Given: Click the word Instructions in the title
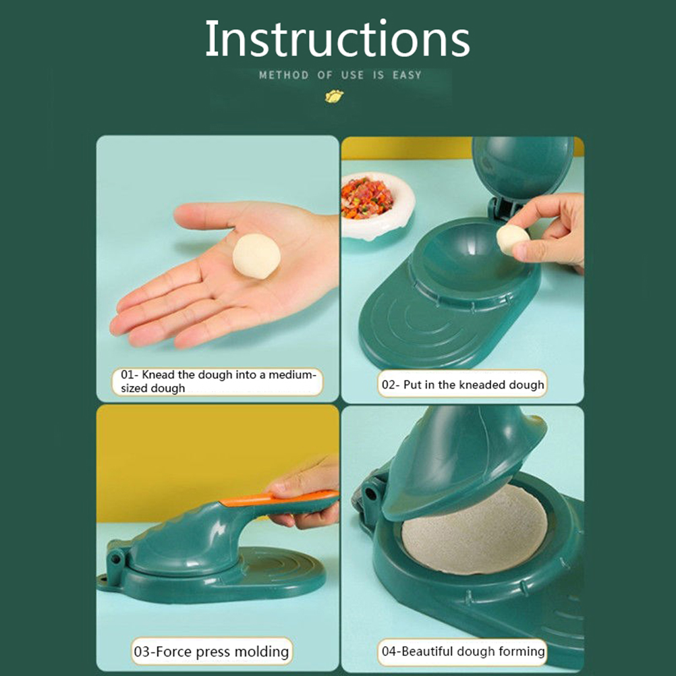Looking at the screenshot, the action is tap(337, 39).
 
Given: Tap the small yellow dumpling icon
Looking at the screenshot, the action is tap(334, 96).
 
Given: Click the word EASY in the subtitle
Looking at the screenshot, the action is tap(407, 75).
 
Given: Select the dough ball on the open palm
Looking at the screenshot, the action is tap(256, 256).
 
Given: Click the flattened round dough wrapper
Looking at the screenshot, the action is tap(474, 530).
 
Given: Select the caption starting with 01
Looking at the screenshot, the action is tap(217, 381).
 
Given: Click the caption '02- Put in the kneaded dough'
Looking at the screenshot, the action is tap(462, 384).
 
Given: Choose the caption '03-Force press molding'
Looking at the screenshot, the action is tap(212, 651).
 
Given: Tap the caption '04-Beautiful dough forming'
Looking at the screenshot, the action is tap(463, 651).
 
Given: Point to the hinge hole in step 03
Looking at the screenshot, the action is tap(115, 559).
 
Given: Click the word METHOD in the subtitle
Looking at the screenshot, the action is tap(283, 75).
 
